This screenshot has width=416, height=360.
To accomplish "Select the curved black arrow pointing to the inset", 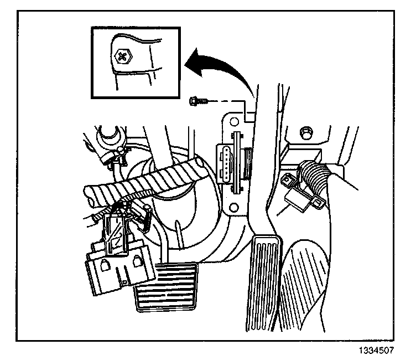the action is [x=221, y=65].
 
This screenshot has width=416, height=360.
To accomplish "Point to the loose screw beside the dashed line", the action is [x=197, y=101].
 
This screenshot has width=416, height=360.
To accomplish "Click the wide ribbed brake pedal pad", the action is [x=164, y=287].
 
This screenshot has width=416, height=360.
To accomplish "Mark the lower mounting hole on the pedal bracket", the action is [x=233, y=208].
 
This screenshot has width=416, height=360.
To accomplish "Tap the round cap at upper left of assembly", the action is [x=106, y=135].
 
